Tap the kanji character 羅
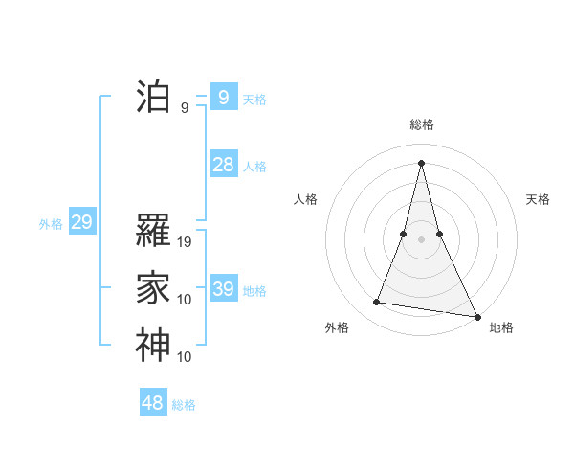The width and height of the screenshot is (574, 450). [153, 231]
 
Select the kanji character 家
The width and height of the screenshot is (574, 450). [153, 288]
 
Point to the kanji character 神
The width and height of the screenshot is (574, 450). [153, 346]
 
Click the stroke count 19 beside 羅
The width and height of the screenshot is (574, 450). [186, 242]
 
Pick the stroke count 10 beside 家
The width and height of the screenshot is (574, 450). [186, 300]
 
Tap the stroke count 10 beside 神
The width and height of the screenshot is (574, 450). [186, 357]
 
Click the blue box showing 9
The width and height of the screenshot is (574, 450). [223, 97]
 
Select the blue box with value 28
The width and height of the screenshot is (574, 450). [223, 165]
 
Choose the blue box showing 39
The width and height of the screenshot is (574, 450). [223, 288]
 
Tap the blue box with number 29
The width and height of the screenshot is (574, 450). [81, 223]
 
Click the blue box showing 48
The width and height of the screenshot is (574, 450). [152, 403]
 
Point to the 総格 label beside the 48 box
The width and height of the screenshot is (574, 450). [185, 405]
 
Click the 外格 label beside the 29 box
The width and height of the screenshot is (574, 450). [51, 225]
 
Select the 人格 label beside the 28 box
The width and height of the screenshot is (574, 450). [254, 167]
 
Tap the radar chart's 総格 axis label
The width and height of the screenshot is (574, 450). [422, 124]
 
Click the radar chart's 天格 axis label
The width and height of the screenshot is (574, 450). [539, 199]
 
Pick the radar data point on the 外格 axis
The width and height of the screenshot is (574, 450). [377, 303]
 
